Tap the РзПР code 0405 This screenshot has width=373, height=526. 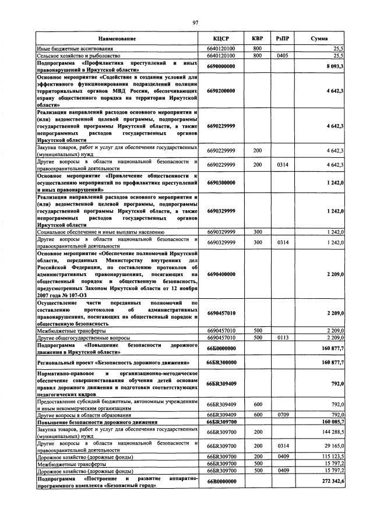coord(283,56)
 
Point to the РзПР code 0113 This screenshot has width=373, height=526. coord(283,337)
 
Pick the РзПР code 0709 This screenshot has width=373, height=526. coord(283,414)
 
